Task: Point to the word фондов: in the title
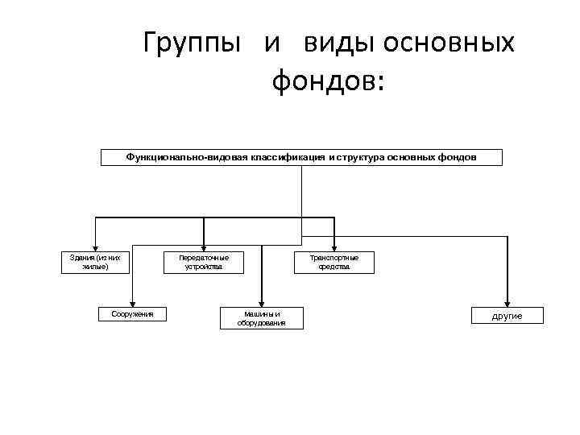point(329,81)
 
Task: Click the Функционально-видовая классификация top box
point(301,157)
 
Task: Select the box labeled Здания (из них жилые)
point(96,262)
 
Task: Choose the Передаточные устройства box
point(204,262)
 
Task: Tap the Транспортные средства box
point(334,262)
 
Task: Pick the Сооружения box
point(131,313)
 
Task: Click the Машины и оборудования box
point(261,318)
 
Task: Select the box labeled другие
point(507,316)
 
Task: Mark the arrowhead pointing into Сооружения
point(132,301)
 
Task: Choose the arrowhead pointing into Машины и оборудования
point(261,301)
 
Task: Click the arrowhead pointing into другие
point(507,302)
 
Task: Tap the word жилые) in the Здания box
point(95,267)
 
